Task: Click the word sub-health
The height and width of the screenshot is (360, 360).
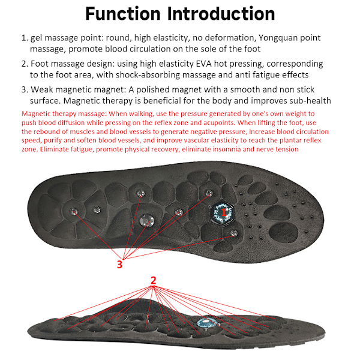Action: (x=305, y=100)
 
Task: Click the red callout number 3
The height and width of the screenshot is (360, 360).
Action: (x=119, y=263)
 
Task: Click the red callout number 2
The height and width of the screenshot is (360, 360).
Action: (x=154, y=280)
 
